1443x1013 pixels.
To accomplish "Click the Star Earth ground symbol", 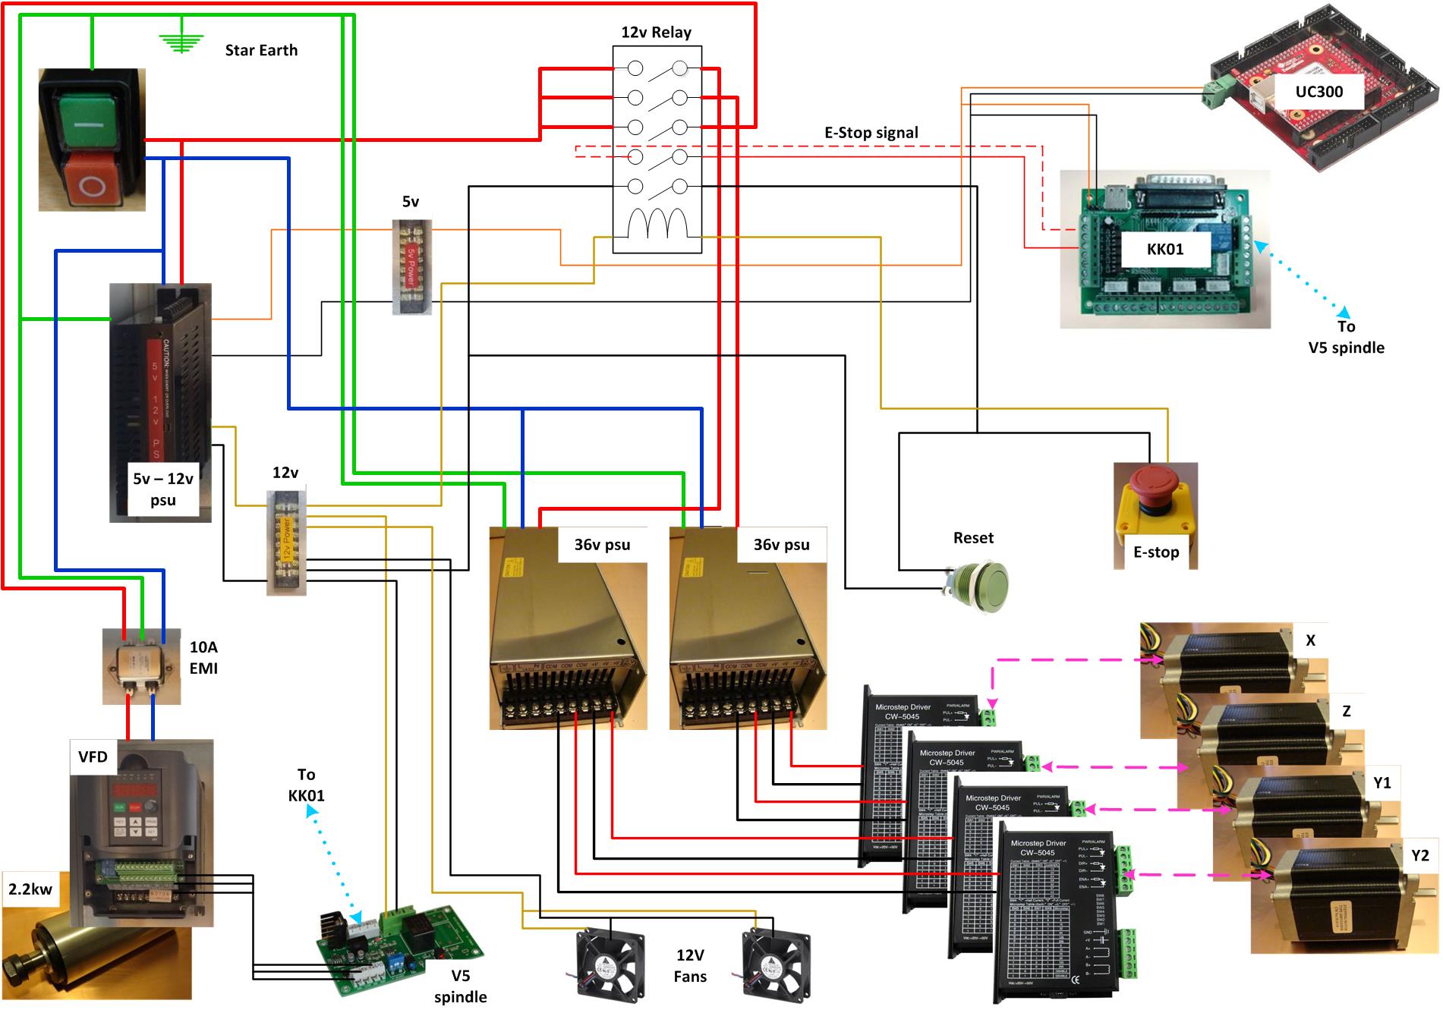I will pyautogui.click(x=181, y=43).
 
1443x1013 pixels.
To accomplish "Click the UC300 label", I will pyautogui.click(x=1319, y=92).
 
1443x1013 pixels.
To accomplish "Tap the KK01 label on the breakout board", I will pyautogui.click(x=1165, y=249).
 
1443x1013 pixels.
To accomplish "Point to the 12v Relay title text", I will pyautogui.click(x=656, y=33).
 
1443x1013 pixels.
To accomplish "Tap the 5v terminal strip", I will pyautogui.click(x=411, y=267).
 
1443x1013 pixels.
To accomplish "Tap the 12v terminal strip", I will pyautogui.click(x=286, y=543).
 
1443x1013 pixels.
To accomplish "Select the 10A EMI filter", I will pyautogui.click(x=141, y=665).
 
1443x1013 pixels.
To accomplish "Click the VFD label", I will pyautogui.click(x=93, y=757).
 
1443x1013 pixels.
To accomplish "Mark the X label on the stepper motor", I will pyautogui.click(x=1310, y=640).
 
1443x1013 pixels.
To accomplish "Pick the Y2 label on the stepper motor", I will pyautogui.click(x=1419, y=855).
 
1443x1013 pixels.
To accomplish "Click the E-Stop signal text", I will pyautogui.click(x=871, y=133).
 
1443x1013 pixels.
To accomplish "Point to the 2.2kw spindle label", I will pyautogui.click(x=30, y=889).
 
